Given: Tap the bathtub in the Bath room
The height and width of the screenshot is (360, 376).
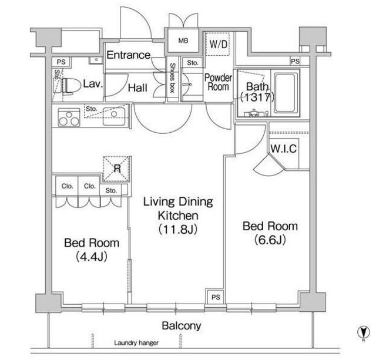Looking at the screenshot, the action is tap(284, 93).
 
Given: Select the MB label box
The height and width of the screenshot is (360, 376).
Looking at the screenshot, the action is tap(183, 41).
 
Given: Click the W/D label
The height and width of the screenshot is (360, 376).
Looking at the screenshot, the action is tap(218, 44).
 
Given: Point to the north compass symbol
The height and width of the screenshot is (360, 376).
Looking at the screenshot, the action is tap(364, 333).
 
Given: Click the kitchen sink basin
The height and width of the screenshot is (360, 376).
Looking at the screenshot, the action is tap(114, 116).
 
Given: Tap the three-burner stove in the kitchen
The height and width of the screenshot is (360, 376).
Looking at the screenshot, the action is tap(69, 117).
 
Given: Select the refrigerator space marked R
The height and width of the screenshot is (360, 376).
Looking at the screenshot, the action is tap(117, 169).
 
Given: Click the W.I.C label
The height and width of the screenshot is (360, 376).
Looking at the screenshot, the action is tap(284, 149).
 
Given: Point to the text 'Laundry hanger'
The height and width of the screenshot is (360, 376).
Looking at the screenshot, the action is tap(136, 343).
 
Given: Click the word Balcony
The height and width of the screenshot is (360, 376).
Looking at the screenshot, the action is tap(182, 326).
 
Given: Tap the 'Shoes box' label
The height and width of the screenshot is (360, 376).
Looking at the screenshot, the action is tap(172, 78).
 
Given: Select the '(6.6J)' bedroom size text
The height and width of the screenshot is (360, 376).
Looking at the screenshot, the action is tap(270, 240).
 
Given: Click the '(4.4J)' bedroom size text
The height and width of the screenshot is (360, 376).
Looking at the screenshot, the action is tap(92, 257).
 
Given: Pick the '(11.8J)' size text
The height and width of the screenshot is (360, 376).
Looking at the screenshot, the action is tap(178, 229).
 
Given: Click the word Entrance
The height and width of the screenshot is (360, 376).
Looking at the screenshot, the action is tap(129, 55).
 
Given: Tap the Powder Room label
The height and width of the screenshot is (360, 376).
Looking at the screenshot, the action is tap(218, 82).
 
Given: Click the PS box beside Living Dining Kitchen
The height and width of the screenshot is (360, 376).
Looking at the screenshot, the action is tap(216, 297).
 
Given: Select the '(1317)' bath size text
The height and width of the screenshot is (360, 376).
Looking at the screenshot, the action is tap(257, 97).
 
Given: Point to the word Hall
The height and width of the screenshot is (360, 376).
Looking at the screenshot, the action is tap(137, 88).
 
